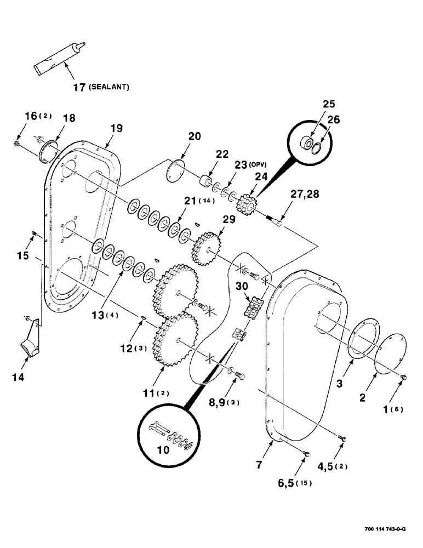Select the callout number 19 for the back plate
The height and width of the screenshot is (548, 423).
(x=115, y=128)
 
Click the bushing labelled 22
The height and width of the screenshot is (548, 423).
(x=207, y=181)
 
